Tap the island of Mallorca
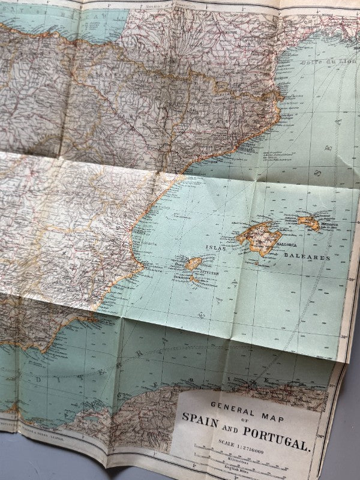tap(259, 236)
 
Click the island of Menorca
tap(308, 222)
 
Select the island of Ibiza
tap(194, 264)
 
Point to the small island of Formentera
tap(196, 279)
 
